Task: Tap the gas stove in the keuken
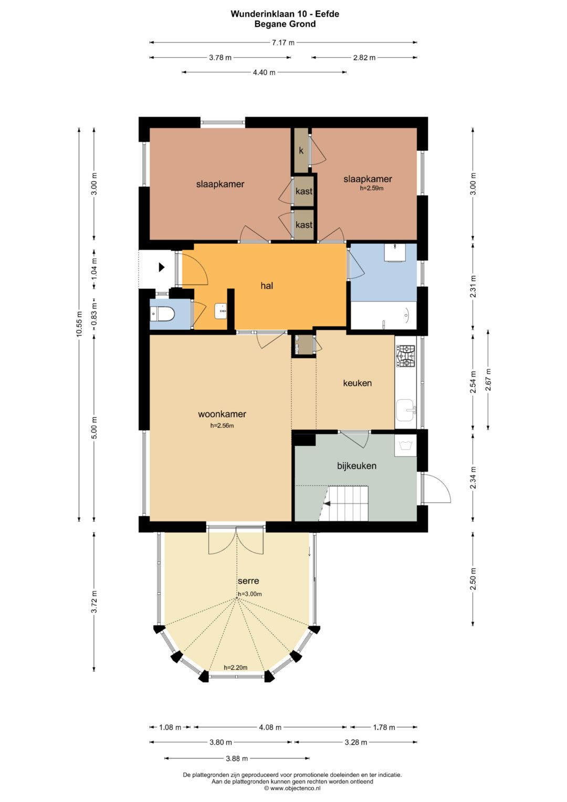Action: [405, 356]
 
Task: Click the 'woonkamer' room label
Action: [222, 414]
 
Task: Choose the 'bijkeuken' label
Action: [356, 466]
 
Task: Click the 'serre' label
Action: [248, 581]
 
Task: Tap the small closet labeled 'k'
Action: [301, 150]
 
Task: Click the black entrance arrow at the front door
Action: [162, 267]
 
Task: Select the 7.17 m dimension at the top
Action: [283, 43]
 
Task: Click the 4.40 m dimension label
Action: [264, 72]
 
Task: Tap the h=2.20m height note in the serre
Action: [236, 668]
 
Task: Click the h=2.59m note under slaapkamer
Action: [372, 188]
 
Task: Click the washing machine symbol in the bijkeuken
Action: [405, 445]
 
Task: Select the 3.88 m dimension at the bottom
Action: [237, 758]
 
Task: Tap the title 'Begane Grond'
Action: [285, 24]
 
